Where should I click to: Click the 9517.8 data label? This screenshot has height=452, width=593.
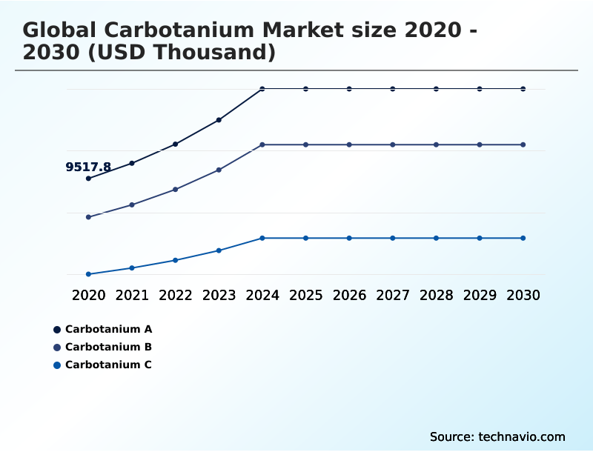click(x=88, y=167)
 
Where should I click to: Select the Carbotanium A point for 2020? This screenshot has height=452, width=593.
click(x=88, y=179)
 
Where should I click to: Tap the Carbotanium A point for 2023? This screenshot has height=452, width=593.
click(x=219, y=120)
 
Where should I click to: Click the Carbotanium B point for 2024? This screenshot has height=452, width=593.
click(x=262, y=144)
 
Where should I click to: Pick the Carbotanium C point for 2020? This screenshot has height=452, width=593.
click(x=88, y=274)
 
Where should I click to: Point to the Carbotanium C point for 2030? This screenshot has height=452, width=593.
click(x=523, y=238)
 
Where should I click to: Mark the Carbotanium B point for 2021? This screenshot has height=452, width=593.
click(x=132, y=205)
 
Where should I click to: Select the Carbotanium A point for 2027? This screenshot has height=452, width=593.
click(x=393, y=89)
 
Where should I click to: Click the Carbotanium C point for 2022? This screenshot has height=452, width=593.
click(x=176, y=260)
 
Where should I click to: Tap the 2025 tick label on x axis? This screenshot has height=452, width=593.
click(x=305, y=295)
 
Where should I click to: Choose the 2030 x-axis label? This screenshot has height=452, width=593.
click(x=523, y=295)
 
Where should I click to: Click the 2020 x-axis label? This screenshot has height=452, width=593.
click(x=88, y=295)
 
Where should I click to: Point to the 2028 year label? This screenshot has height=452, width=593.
click(x=436, y=295)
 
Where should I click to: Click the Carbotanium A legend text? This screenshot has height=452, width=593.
click(x=108, y=329)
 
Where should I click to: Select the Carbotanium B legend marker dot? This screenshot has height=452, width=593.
click(x=57, y=347)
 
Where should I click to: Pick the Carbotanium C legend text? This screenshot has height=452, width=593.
click(x=108, y=365)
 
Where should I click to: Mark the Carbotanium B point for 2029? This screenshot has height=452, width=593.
click(x=480, y=144)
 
